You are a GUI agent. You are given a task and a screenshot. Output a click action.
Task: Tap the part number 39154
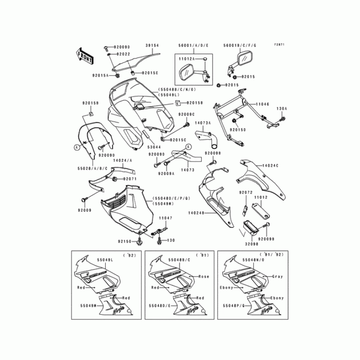[152, 46]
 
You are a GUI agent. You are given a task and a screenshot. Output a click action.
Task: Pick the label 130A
[282, 109]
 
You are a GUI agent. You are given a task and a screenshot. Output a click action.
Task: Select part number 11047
[166, 217]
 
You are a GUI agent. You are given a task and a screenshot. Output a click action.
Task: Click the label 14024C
[271, 166]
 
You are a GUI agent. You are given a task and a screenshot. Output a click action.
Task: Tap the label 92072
[245, 192]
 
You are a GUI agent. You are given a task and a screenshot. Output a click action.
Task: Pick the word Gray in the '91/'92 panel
[277, 276]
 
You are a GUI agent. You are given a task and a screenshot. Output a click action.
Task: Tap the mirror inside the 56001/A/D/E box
[185, 72]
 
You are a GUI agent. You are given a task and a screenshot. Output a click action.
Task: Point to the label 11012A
[185, 59]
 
